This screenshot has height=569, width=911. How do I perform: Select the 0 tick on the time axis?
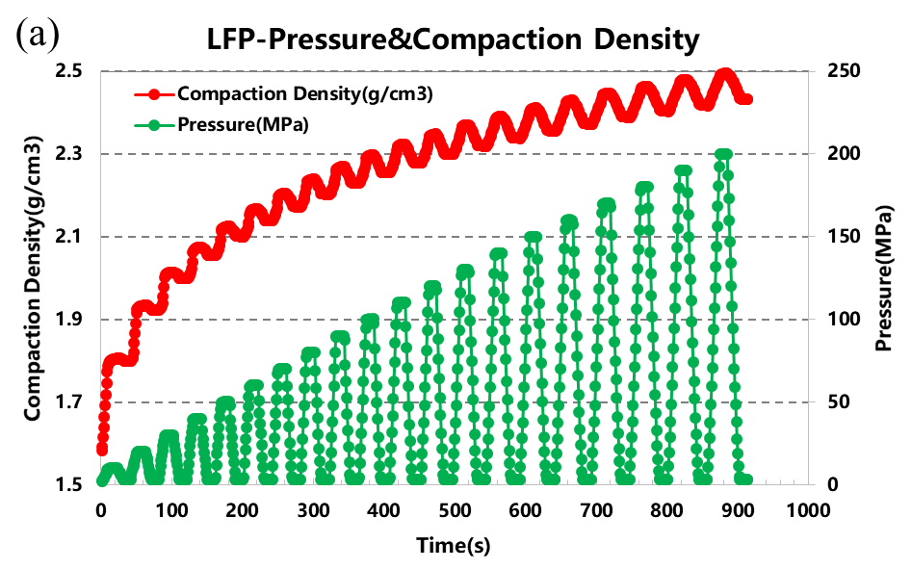(x=101, y=510)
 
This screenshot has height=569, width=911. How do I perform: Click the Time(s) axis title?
(x=453, y=545)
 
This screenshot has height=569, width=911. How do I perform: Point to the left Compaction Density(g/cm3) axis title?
(x=32, y=277)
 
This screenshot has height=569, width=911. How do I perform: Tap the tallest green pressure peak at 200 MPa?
(x=724, y=155)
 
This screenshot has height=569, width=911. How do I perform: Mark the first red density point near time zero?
(x=102, y=450)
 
